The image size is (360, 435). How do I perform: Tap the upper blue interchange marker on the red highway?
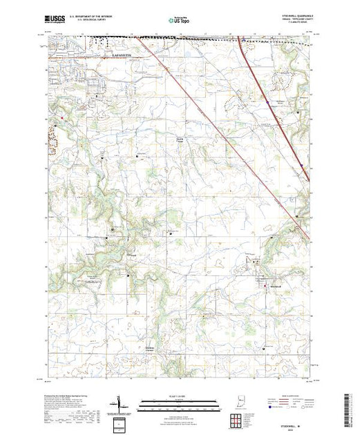pyautogui.click(x=267, y=101)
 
